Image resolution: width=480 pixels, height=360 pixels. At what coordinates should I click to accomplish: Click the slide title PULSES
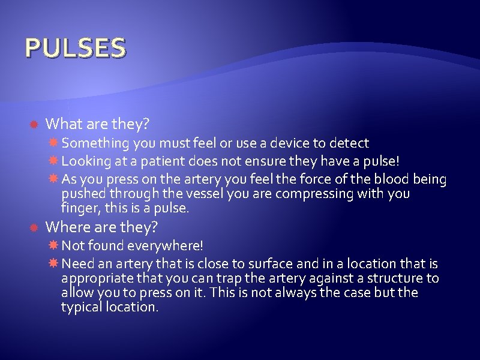pos(75,48)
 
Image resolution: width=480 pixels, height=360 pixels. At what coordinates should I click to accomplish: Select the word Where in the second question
pos(67,227)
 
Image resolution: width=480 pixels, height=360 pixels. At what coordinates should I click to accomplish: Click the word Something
pos(89,143)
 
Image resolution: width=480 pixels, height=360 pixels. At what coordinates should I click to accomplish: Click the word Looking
pos(84,161)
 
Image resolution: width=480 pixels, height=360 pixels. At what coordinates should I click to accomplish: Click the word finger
pos(79,209)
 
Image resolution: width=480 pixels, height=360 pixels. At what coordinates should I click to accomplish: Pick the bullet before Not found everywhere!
pos(53,246)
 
